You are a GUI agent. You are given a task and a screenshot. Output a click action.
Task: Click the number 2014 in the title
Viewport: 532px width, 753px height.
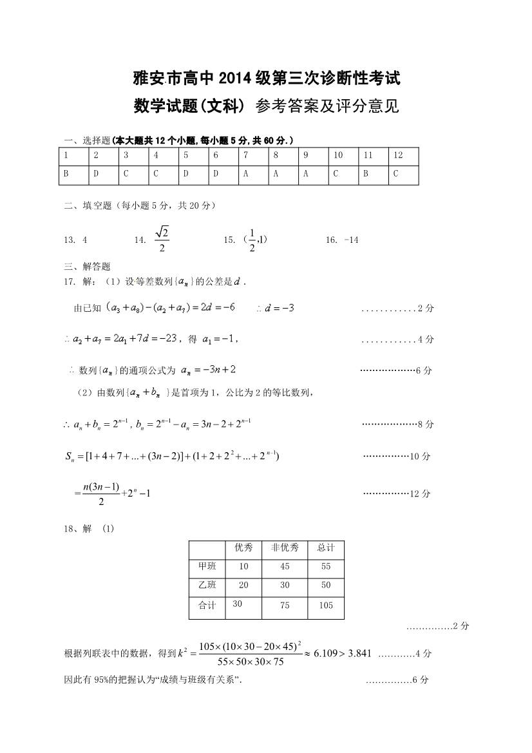(238, 81)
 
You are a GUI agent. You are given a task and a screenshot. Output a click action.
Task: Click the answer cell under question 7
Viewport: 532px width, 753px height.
(253, 174)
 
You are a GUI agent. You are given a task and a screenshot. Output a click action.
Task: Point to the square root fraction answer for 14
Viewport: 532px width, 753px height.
(162, 239)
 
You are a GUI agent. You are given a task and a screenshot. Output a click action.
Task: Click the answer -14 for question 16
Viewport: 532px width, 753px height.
(351, 240)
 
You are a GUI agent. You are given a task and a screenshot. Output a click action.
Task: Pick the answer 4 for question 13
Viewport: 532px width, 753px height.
(85, 240)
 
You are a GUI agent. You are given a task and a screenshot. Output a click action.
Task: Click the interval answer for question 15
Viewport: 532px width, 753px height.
(256, 240)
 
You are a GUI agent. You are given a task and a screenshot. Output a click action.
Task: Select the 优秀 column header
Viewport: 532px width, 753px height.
(243, 548)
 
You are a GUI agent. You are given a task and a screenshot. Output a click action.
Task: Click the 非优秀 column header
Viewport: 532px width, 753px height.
(285, 548)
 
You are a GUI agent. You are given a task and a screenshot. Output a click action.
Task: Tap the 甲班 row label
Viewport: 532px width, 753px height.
(207, 566)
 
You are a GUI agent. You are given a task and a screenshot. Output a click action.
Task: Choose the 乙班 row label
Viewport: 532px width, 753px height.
(207, 585)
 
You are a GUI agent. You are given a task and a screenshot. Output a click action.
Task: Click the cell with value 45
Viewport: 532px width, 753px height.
(285, 567)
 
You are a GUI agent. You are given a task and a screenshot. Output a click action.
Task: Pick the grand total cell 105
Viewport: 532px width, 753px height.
(326, 605)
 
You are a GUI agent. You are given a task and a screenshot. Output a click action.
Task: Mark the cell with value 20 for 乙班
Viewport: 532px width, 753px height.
(243, 586)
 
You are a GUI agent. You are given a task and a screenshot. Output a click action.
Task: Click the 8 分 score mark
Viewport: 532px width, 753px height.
(426, 424)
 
